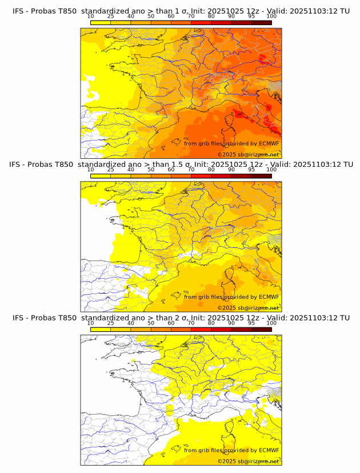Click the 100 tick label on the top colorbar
(x=271, y=16)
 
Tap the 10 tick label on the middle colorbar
(x=91, y=170)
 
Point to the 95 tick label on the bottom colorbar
(x=251, y=323)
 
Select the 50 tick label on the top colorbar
(x=151, y=16)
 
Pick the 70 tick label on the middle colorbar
(x=191, y=170)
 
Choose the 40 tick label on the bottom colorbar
(x=131, y=323)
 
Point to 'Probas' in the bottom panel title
(x=42, y=318)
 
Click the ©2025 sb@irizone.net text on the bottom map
(x=248, y=461)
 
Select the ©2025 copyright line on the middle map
(x=248, y=307)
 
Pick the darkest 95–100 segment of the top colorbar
(x=261, y=22)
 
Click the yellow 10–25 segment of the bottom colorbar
(x=101, y=330)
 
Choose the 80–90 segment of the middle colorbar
(x=221, y=176)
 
